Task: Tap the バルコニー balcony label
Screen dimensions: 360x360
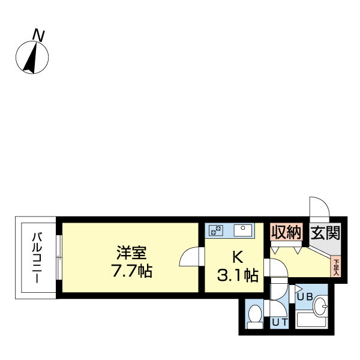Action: pos(35,258)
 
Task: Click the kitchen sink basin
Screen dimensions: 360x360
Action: pos(244,229)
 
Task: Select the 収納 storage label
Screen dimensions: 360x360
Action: pos(285,232)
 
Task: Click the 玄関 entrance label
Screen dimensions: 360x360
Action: pos(325,232)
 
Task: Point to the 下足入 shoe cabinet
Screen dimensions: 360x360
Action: pos(335,266)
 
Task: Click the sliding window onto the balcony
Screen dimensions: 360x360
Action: pos(59,258)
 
